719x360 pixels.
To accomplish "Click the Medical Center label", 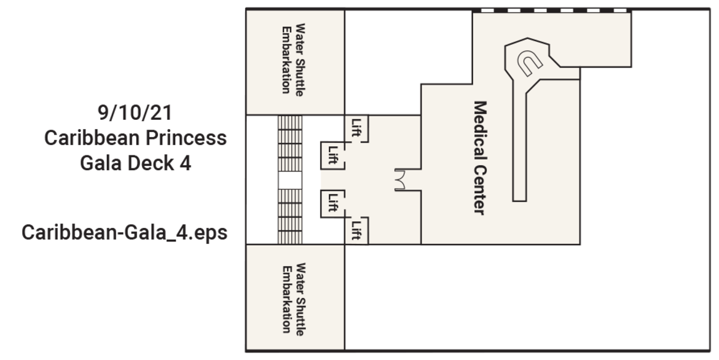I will (479, 158).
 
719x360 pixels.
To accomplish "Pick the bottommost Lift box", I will (357, 230).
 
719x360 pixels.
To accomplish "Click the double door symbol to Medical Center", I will (401, 179).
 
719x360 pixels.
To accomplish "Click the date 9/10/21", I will (135, 113).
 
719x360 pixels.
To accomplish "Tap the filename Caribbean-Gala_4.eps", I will (125, 233).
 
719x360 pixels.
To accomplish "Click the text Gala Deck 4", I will (135, 163).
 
